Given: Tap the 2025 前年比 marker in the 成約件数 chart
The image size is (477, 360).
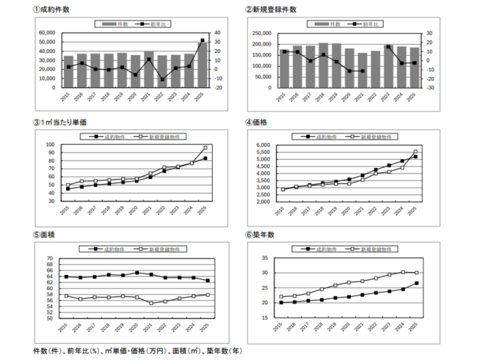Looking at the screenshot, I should coord(203,40).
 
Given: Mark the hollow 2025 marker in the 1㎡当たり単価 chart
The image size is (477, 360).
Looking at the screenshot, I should coord(205,148).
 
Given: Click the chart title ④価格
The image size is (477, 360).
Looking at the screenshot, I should coord(266,122).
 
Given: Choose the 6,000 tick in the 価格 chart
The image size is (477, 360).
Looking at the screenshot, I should coord(264,145).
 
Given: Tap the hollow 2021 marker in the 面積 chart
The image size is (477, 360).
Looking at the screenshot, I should coord(151,303).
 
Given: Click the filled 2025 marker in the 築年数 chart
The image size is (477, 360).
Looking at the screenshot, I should coord(416,284).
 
